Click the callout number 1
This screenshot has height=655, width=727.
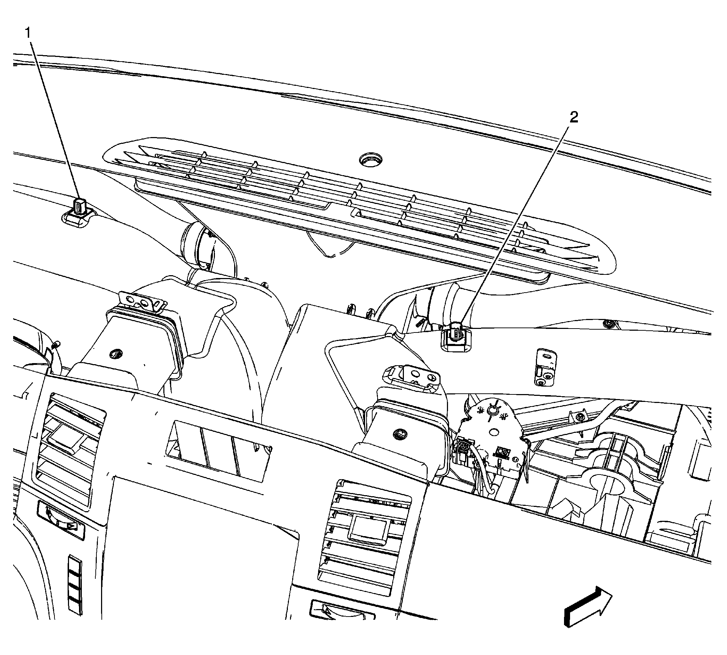(x=28, y=33)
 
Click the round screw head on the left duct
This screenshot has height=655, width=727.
(x=116, y=353)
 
